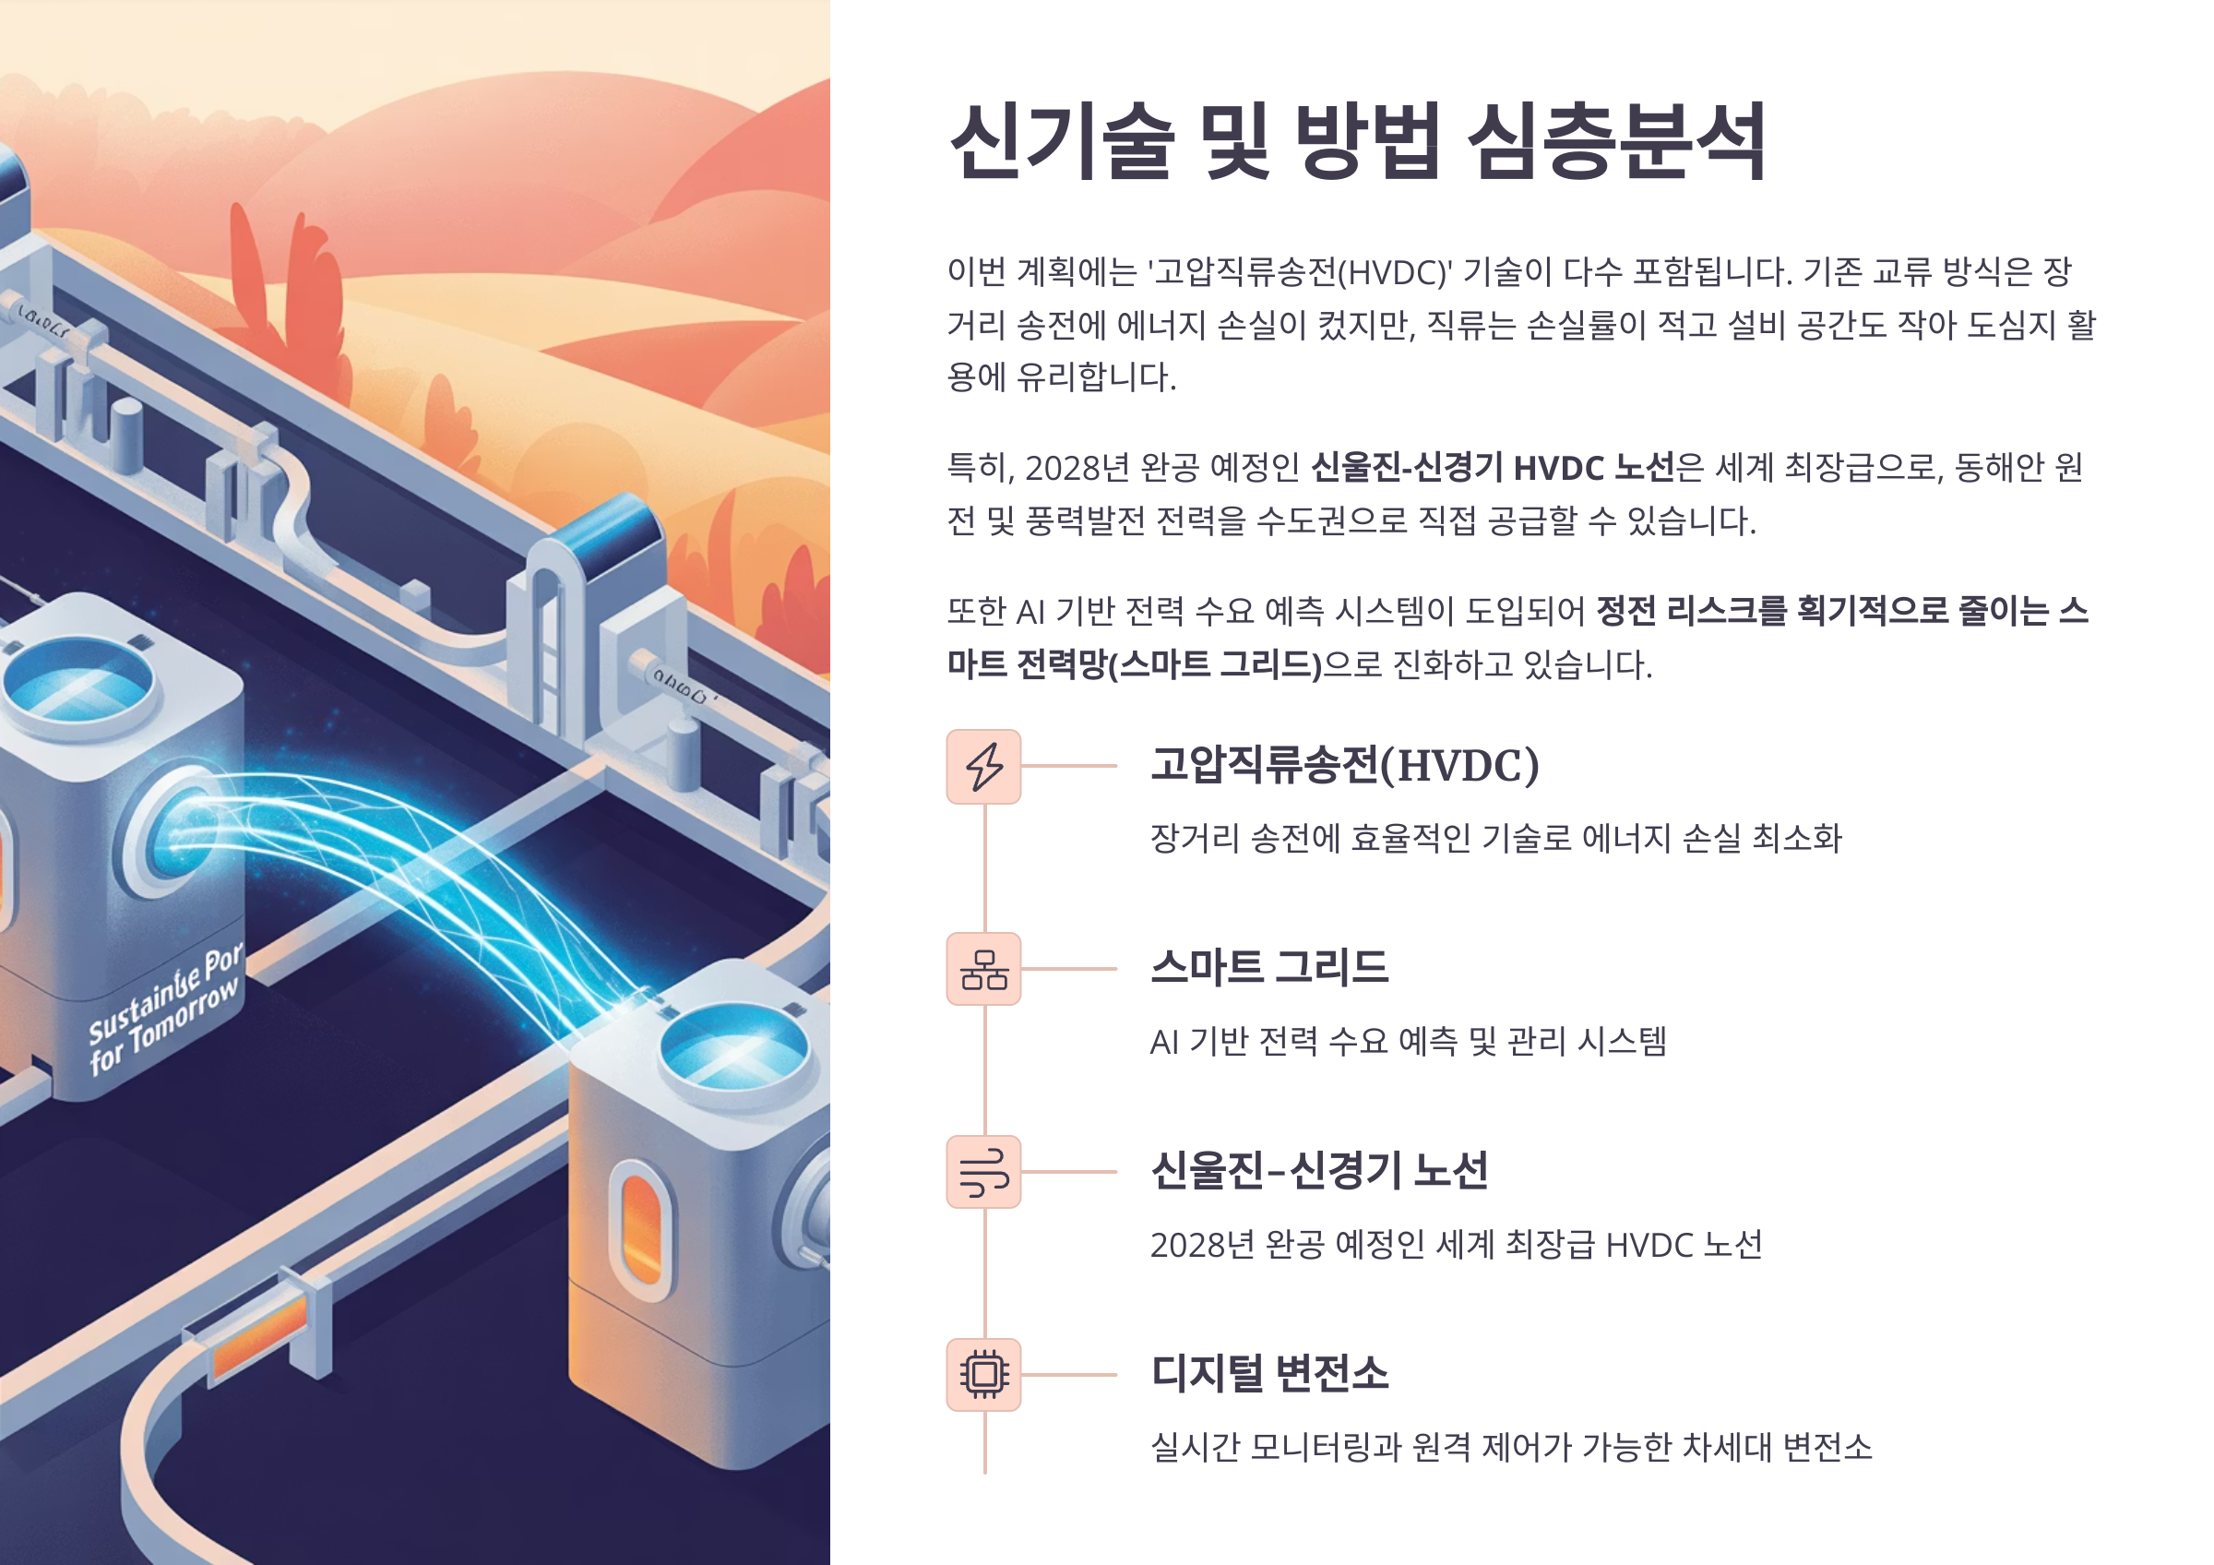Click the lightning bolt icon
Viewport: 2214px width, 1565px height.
point(982,767)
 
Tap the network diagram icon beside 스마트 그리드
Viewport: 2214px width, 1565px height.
point(982,969)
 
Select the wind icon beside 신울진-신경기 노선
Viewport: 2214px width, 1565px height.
point(982,1172)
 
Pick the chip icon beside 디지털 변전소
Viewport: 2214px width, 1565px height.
point(982,1374)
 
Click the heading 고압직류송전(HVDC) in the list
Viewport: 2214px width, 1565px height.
point(1344,766)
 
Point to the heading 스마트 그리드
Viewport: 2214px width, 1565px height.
point(1269,967)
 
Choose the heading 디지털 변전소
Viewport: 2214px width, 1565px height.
point(1269,1373)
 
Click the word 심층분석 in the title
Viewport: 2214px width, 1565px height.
point(1616,143)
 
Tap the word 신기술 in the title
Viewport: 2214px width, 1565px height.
point(1062,143)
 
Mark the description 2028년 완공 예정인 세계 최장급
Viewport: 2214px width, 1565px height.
point(1456,1245)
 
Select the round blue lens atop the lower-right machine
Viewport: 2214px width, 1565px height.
point(732,1050)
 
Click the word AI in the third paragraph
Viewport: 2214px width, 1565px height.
point(1030,612)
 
